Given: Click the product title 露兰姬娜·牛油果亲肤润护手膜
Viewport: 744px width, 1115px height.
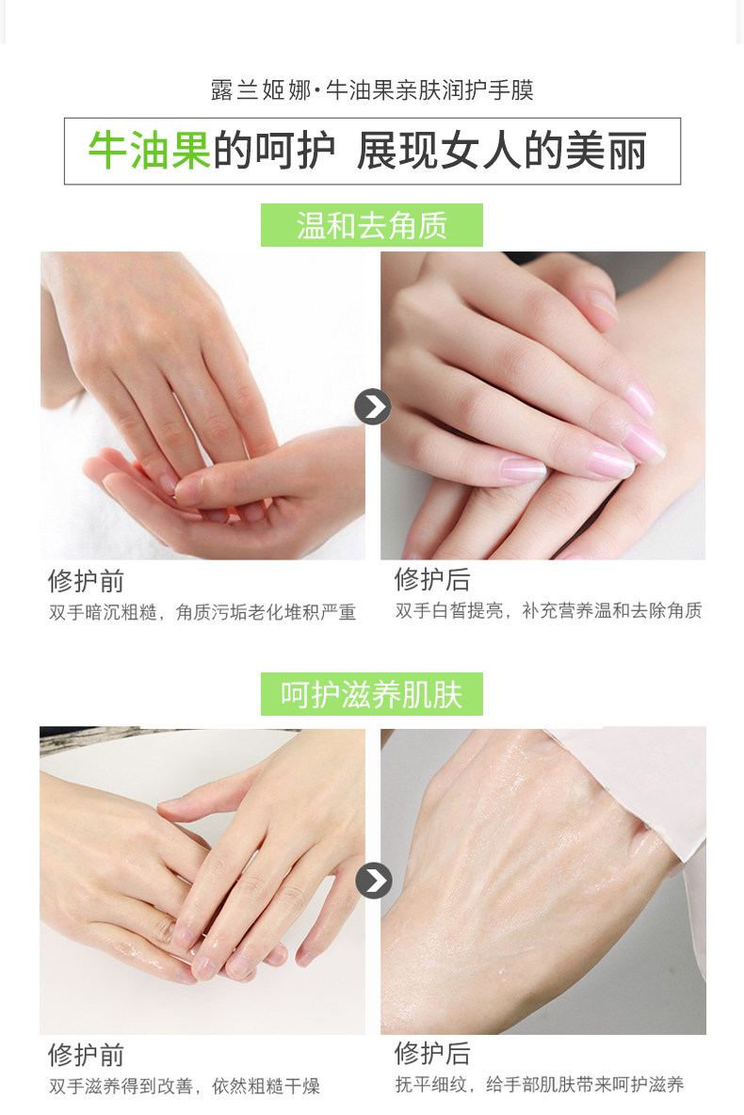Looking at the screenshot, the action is [x=372, y=90].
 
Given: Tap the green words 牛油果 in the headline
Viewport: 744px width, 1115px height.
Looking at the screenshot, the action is [x=150, y=151].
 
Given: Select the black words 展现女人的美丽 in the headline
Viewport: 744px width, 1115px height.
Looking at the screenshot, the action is [x=501, y=151].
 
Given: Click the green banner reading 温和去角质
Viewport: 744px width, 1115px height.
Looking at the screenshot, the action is [x=372, y=225].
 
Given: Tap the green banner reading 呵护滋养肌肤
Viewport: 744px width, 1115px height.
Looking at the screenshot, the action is [x=372, y=694].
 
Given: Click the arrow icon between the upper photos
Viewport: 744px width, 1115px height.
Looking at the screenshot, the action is [x=374, y=407].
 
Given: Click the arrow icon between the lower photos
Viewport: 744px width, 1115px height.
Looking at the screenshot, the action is [x=374, y=881].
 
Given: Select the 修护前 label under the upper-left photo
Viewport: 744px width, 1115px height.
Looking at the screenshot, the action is [x=86, y=581].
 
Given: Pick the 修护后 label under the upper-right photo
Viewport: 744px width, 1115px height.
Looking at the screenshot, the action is [x=432, y=579].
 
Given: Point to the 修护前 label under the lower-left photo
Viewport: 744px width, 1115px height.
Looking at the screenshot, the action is [x=86, y=1055].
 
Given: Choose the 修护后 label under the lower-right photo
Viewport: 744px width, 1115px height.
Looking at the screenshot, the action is [x=432, y=1053].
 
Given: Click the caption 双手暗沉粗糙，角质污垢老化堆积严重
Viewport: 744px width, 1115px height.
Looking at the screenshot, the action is [x=202, y=612].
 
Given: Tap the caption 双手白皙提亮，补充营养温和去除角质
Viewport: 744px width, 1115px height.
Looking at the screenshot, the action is [x=549, y=611].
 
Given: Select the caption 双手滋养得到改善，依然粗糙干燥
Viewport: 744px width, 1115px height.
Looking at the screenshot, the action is [x=185, y=1086].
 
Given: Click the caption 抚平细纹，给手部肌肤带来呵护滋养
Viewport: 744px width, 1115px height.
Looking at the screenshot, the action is [x=540, y=1085].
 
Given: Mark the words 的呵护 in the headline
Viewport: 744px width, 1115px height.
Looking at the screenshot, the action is [x=274, y=151].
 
